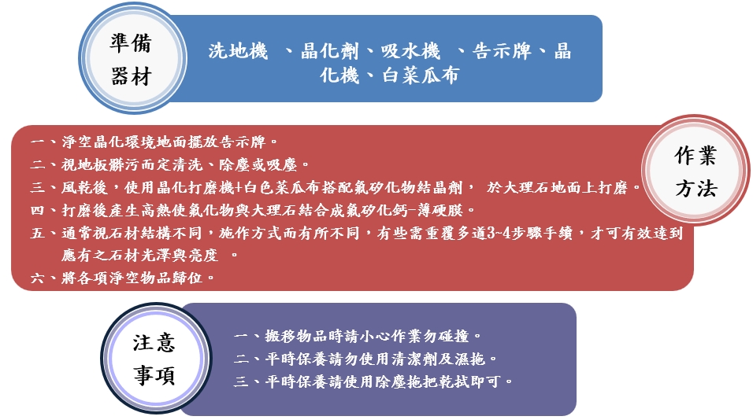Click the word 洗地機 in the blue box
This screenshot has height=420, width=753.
tap(238, 51)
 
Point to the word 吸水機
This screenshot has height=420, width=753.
tap(410, 51)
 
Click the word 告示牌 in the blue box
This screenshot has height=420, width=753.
tap(502, 51)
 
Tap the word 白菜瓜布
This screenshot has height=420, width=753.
tap(421, 76)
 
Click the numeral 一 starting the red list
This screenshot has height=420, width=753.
tap(37, 142)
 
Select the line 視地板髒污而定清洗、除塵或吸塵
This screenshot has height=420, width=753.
tap(179, 165)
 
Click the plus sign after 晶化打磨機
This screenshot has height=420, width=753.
tap(239, 187)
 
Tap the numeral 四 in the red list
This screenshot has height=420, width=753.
tap(37, 210)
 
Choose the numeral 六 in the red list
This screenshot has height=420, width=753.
tap(37, 278)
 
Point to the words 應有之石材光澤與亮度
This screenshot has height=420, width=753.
tap(139, 255)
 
